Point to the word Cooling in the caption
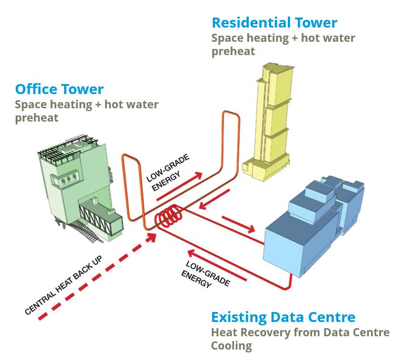coord(231,345)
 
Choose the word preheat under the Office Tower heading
coord(37,117)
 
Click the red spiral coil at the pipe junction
coord(169,218)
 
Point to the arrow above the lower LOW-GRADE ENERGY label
coord(216,265)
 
